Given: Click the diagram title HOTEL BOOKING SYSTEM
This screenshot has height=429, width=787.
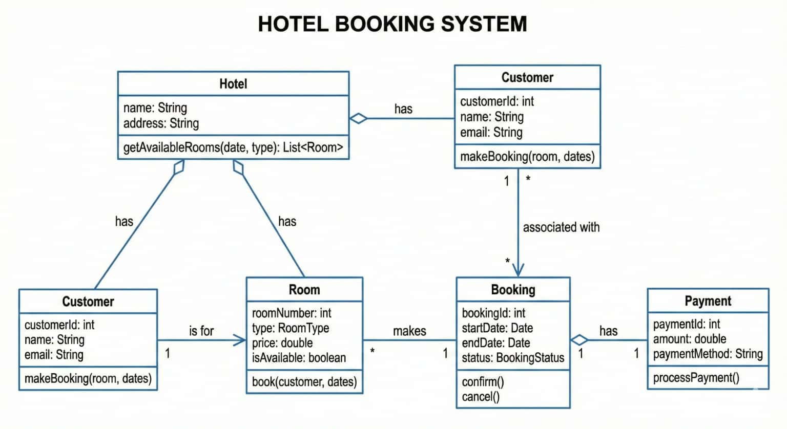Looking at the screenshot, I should [x=392, y=24].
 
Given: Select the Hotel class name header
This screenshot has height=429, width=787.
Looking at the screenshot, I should [x=233, y=84].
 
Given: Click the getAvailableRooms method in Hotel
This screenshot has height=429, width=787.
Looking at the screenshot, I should [x=233, y=147].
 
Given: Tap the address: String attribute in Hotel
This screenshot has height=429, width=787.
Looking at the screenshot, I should [x=161, y=123].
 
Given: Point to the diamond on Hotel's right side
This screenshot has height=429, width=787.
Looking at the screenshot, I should [x=359, y=118].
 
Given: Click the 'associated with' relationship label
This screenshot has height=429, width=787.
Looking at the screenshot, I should [x=561, y=227].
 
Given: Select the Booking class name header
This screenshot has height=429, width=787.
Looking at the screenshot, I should [x=513, y=290].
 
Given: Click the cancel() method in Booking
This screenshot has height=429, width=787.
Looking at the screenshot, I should [x=480, y=397].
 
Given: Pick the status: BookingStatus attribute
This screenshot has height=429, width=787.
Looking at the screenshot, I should [x=513, y=358].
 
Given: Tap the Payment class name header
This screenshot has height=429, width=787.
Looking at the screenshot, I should [x=708, y=301].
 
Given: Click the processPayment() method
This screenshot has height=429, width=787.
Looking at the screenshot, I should [x=696, y=378].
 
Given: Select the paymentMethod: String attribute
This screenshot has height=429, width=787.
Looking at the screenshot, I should [x=708, y=354].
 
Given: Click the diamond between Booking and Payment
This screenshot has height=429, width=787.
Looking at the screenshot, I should [x=579, y=340].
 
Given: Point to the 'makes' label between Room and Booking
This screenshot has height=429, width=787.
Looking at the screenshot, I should [x=409, y=331].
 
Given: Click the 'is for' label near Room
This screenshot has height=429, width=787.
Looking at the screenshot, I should [x=201, y=331].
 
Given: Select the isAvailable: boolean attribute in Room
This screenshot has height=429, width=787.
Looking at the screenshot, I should [x=299, y=358].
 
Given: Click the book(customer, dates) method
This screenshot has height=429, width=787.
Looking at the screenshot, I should [x=304, y=382].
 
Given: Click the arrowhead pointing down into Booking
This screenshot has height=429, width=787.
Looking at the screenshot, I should [x=518, y=270].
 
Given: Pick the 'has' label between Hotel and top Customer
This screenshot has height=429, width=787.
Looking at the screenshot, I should [x=403, y=109].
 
